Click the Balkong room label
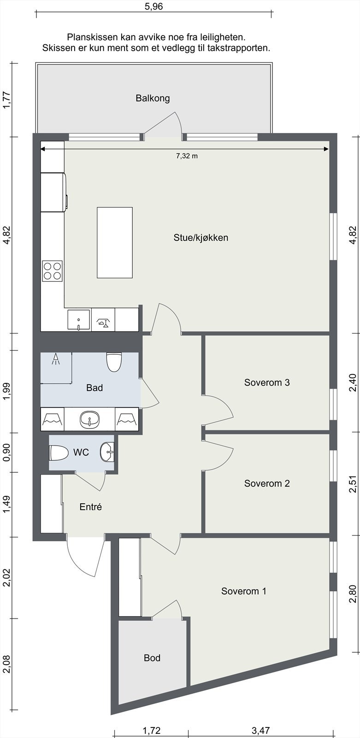coord(153,98)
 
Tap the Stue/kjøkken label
coord(201,238)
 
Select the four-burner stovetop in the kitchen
coord(53,271)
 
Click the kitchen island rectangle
coord(115,243)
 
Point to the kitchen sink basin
coord(79,319)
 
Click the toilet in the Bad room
coord(114,362)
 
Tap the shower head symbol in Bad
coord(56,359)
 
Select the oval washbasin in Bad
coord(89,419)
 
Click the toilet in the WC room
coord(59,452)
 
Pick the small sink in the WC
coord(107,452)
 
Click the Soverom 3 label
coord(267,382)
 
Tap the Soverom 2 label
coord(267,483)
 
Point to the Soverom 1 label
coord(244,591)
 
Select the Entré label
coord(91,507)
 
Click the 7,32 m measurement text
coord(187,156)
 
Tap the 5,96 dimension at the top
coord(154,6)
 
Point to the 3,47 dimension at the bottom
coord(261,731)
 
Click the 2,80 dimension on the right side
coord(353,594)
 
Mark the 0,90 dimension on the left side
coord(6,452)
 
